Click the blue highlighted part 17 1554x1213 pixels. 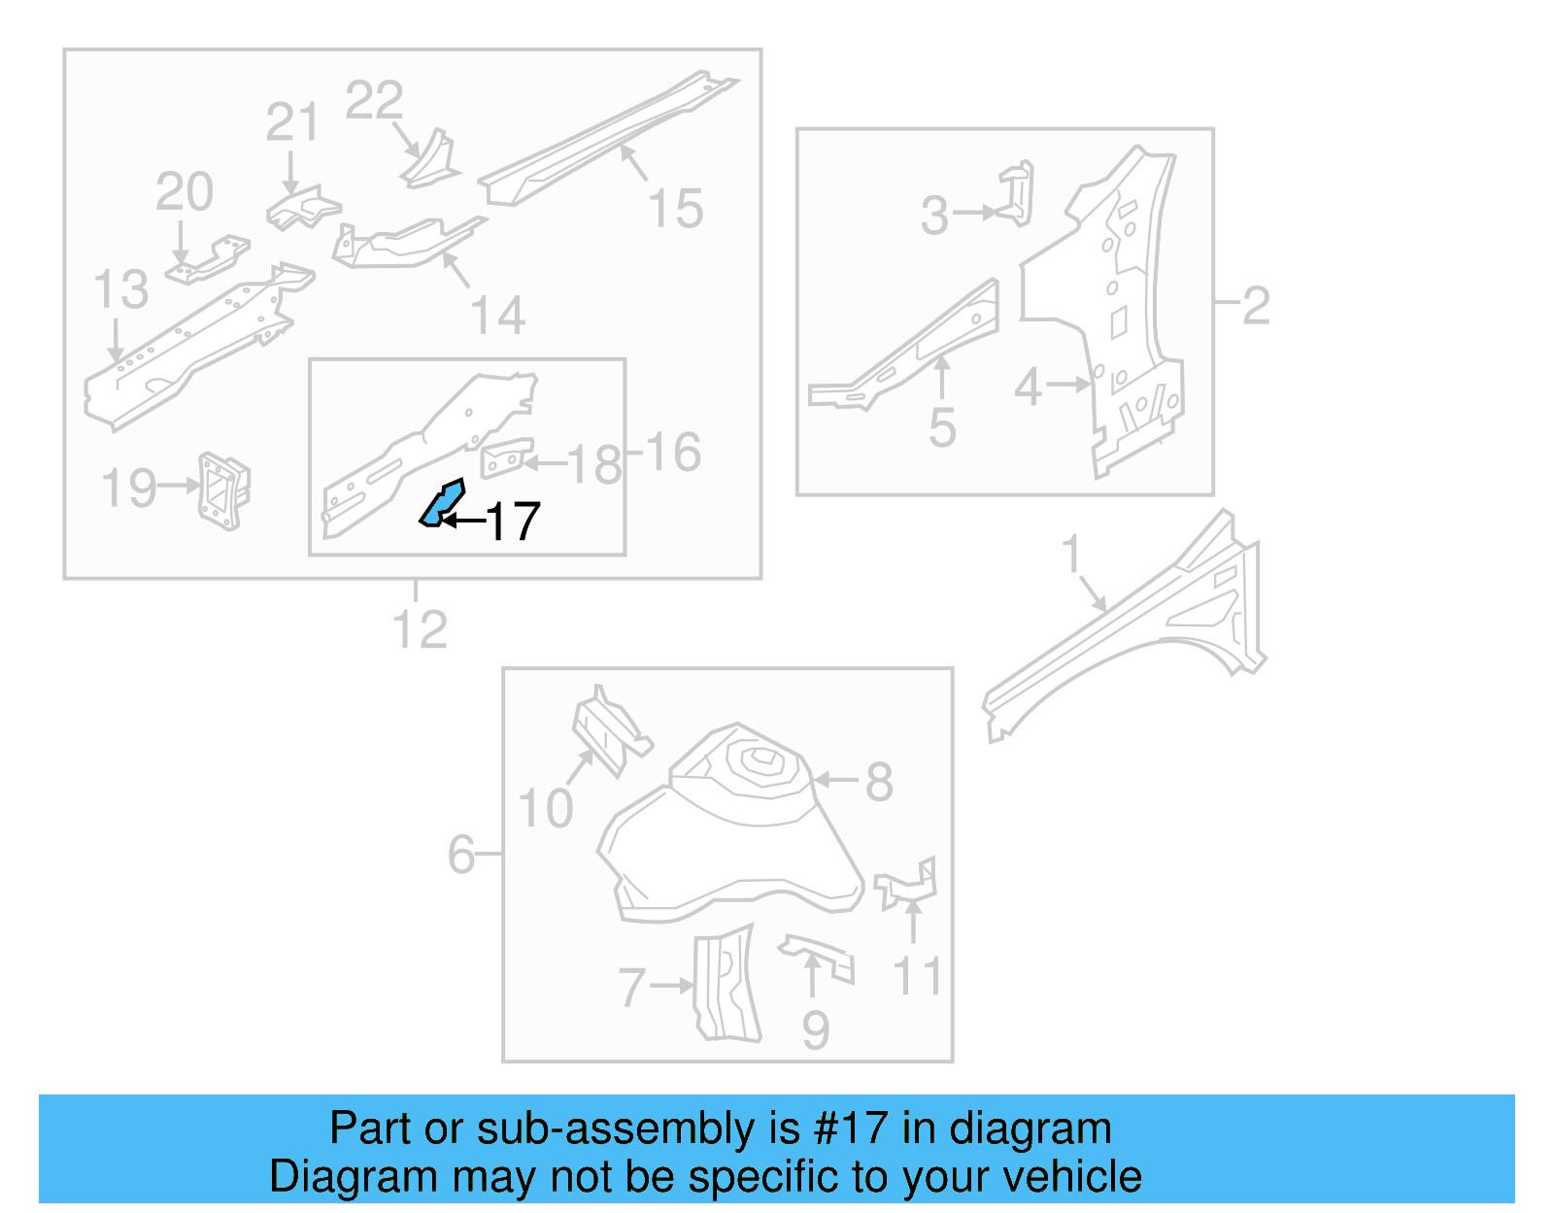click(442, 503)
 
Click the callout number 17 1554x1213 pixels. click(512, 522)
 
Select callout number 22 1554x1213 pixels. click(374, 101)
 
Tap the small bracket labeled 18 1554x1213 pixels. click(506, 457)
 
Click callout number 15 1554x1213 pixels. click(675, 210)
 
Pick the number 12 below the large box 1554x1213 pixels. click(420, 630)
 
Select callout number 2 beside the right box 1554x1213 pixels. click(1256, 306)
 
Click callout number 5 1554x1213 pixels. click(942, 428)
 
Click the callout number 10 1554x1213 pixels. click(545, 809)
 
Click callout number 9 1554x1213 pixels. click(816, 1030)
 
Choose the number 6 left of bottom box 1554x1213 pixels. click(461, 856)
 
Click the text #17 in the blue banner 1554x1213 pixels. click(851, 1129)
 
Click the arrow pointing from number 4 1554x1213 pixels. click(1068, 385)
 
